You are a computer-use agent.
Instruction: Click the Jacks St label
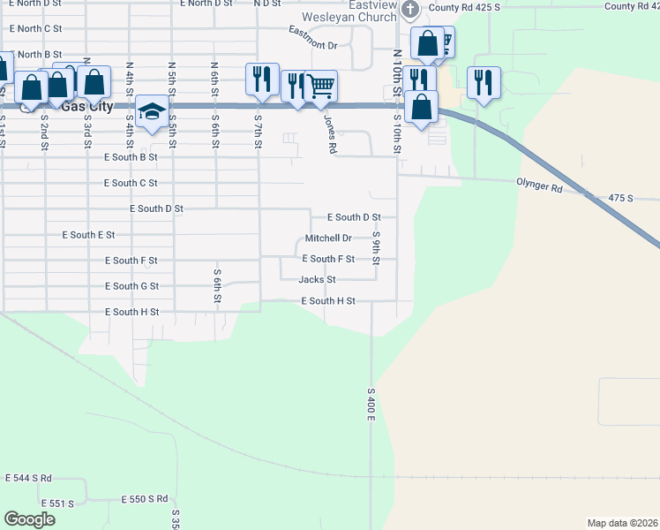317,280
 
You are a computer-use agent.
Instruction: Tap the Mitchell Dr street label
328,238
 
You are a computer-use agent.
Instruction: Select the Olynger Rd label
539,188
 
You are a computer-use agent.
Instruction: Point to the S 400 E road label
371,403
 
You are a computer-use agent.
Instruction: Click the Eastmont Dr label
313,38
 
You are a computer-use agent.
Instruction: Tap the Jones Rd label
330,135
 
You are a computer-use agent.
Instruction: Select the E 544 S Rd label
28,478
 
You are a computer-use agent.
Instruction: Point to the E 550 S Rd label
145,499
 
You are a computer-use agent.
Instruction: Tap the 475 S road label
621,199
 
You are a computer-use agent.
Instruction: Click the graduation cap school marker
153,111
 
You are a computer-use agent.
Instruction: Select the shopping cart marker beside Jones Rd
321,86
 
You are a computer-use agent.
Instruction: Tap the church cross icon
409,10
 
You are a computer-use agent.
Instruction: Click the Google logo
29,519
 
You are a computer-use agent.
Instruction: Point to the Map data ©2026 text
622,523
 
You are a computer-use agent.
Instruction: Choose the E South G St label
131,286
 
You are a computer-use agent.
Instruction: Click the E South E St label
88,235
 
